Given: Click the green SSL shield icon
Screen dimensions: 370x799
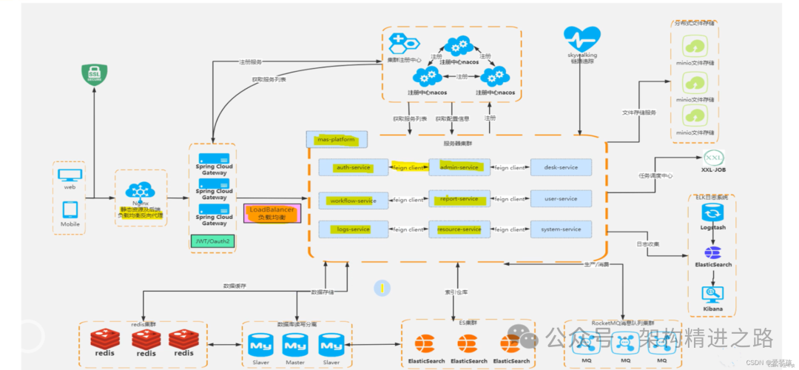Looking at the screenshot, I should pyautogui.click(x=95, y=75).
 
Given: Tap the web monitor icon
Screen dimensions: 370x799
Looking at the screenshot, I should pyautogui.click(x=70, y=176).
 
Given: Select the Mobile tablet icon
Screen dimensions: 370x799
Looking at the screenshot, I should pyautogui.click(x=70, y=209).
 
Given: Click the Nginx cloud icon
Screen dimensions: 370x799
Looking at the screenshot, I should pyautogui.click(x=141, y=191).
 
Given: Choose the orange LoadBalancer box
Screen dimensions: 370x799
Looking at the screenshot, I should pyautogui.click(x=272, y=213).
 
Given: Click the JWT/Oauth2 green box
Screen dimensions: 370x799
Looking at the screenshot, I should pyautogui.click(x=213, y=241).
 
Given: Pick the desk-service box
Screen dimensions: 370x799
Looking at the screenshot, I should pyautogui.click(x=561, y=168).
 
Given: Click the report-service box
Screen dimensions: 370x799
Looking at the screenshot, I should pyautogui.click(x=459, y=199).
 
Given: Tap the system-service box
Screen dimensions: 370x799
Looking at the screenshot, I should pyautogui.click(x=561, y=229).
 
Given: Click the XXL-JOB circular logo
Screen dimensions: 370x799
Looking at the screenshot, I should pyautogui.click(x=712, y=158).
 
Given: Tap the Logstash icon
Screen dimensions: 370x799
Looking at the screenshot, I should pyautogui.click(x=713, y=213).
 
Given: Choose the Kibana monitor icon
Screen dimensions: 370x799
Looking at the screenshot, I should pyautogui.click(x=713, y=295).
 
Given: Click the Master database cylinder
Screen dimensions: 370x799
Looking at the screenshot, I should pyautogui.click(x=295, y=346).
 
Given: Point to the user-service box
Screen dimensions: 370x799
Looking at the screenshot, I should pyautogui.click(x=561, y=199).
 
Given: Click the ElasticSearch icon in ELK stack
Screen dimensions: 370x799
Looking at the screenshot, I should pyautogui.click(x=713, y=252).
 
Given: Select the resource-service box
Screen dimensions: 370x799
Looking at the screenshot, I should pyautogui.click(x=459, y=229).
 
